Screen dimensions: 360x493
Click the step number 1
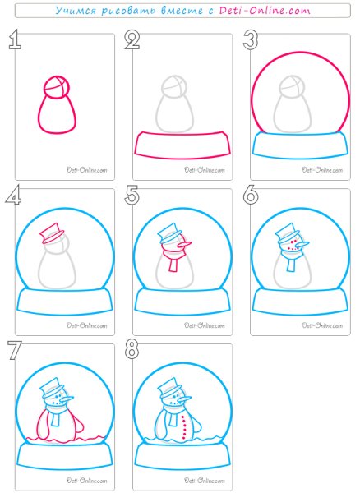pos(15,39)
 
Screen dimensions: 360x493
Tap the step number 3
pos(251,40)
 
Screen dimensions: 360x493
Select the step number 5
pos(132,195)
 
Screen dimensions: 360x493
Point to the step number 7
pos(15,350)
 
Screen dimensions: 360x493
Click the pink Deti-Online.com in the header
pos(265,11)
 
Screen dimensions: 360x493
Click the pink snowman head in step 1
pos(57,87)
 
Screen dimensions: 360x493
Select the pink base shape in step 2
pos(182,145)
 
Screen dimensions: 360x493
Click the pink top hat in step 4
pos(51,233)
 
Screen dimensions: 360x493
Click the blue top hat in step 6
pos(286,233)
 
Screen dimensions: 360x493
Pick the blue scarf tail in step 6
pos(291,265)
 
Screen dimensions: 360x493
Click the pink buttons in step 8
pos(184,427)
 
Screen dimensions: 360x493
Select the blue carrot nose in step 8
pos(183,399)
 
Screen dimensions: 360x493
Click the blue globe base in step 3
pos(300,145)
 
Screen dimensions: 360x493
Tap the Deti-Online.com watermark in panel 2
pos(205,170)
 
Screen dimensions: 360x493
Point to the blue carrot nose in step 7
pos(66,399)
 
